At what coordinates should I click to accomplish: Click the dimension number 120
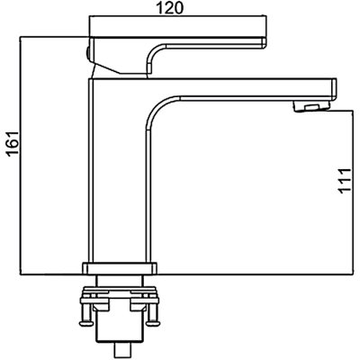tap(170, 8)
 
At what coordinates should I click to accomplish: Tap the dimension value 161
tap(13, 143)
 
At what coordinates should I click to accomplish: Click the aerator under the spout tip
tap(311, 106)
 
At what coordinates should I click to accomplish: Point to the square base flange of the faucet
tap(120, 268)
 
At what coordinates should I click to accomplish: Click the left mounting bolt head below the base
tap(86, 323)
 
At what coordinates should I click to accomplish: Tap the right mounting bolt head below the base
tap(154, 323)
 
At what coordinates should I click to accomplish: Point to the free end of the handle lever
tap(265, 42)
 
